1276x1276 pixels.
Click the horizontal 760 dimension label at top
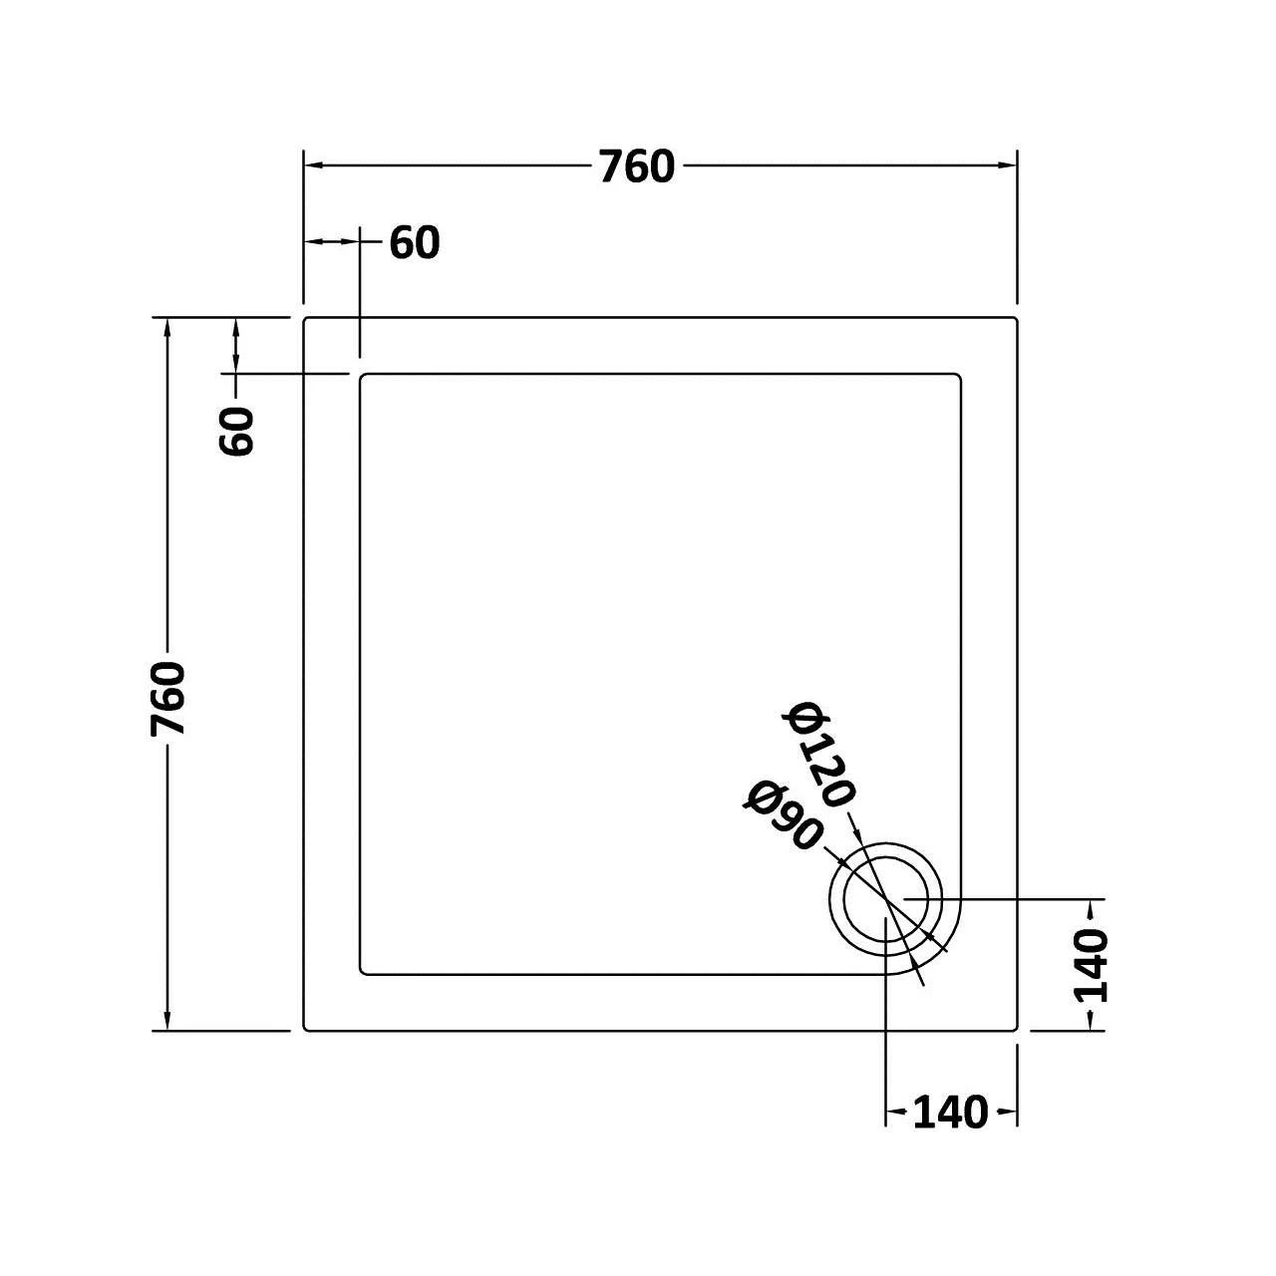(x=637, y=166)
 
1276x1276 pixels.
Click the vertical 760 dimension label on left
(x=168, y=698)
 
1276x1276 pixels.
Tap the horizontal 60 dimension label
(x=414, y=243)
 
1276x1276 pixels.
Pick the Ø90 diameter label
(x=782, y=815)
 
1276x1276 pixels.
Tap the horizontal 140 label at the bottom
(x=949, y=1113)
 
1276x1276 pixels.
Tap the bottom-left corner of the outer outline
(x=305, y=1030)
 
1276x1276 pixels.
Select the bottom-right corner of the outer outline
(x=1015, y=1030)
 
